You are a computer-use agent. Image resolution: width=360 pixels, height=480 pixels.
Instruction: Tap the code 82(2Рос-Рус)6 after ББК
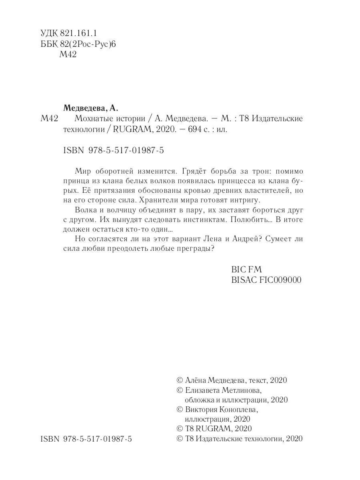[90, 44]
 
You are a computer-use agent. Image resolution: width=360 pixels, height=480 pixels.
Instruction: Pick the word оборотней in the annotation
[117, 170]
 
